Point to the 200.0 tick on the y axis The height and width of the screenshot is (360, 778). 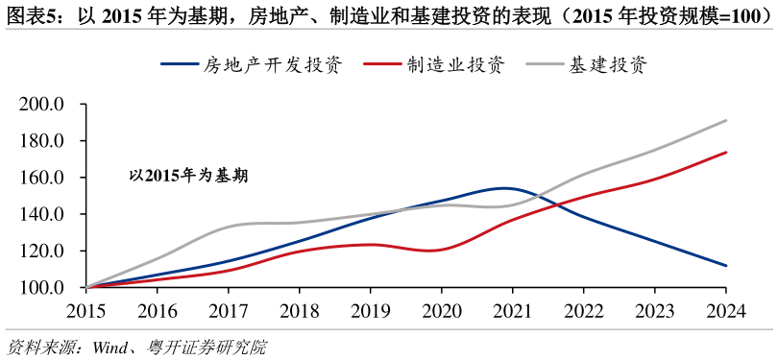click(x=41, y=105)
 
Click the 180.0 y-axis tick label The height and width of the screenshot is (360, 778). click(x=41, y=141)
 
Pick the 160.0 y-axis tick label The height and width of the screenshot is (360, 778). click(x=41, y=178)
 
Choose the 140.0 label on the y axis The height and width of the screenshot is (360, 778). click(x=41, y=214)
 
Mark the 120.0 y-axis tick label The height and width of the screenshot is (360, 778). click(x=41, y=251)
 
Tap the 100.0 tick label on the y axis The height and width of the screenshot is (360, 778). click(x=41, y=287)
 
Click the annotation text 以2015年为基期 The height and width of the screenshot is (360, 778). click(x=188, y=176)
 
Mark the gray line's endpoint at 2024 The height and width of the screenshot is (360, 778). click(x=726, y=121)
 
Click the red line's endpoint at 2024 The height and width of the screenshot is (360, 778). click(x=726, y=153)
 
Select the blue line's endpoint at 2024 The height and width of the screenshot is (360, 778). click(x=726, y=266)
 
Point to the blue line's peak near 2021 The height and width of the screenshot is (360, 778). click(x=505, y=188)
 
